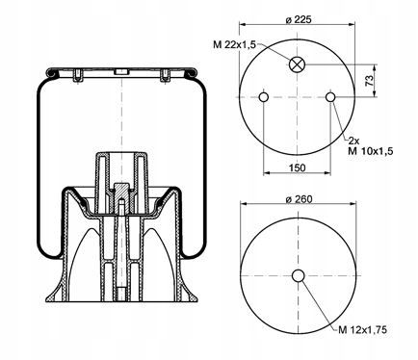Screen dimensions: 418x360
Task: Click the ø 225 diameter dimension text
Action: (x=299, y=19)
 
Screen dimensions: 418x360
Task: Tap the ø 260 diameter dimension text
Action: (x=299, y=199)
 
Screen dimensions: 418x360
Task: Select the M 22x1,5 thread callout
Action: (x=234, y=44)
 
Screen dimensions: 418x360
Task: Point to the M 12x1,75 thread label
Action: (x=363, y=329)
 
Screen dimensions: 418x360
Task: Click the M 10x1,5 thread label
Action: (x=371, y=151)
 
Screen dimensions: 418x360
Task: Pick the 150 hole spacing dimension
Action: (x=298, y=167)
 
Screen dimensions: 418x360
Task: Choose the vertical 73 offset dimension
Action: (x=370, y=80)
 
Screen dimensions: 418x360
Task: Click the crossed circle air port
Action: (x=297, y=64)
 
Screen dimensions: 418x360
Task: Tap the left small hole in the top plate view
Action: (x=264, y=97)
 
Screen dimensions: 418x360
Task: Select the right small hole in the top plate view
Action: (x=330, y=97)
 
